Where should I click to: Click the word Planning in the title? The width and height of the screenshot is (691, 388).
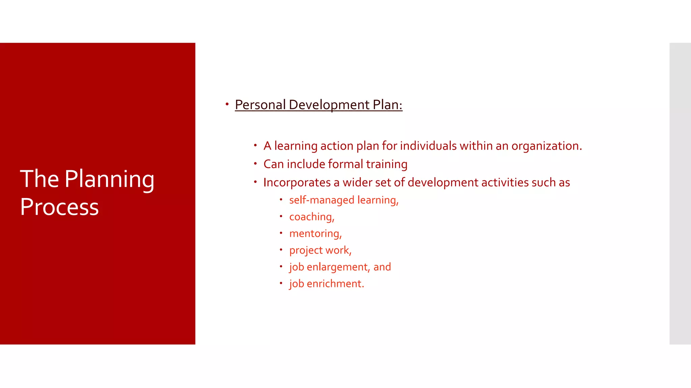(109, 180)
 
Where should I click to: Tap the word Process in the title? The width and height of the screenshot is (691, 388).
(59, 207)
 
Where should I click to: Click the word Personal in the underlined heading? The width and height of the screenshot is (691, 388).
(260, 105)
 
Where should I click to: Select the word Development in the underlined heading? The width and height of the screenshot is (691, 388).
(329, 105)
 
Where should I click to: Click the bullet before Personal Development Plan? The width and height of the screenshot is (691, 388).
(227, 104)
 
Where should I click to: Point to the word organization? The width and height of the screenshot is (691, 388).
(546, 146)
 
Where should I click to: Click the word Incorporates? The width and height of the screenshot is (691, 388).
(297, 183)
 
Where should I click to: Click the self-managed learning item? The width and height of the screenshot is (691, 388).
(343, 200)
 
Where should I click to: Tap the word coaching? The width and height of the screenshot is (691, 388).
(311, 217)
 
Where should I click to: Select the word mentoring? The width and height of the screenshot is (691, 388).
(315, 233)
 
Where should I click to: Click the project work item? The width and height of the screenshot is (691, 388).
(320, 250)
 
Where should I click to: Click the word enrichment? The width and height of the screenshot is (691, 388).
(335, 284)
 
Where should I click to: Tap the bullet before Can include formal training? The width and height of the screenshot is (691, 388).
(255, 164)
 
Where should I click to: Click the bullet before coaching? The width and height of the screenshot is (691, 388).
(281, 216)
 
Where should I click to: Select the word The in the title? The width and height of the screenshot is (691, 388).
(39, 179)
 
